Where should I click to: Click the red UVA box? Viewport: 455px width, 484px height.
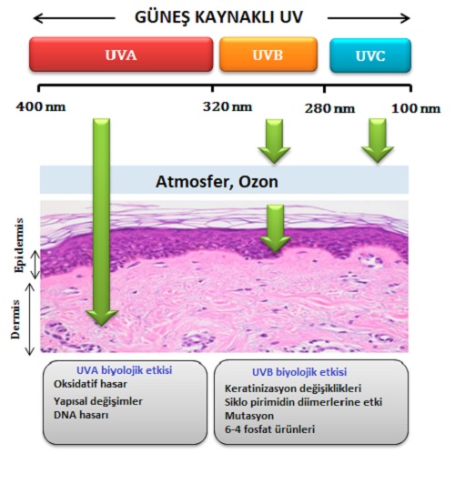tap(121, 55)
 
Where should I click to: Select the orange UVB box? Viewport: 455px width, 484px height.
tap(268, 55)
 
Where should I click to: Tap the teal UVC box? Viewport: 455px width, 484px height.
tap(370, 55)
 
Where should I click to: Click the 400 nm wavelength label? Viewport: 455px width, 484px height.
tap(41, 107)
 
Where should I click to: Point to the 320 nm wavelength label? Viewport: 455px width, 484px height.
tap(227, 107)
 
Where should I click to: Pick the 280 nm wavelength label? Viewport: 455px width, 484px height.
tap(329, 108)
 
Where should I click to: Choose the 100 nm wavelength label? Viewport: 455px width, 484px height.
tap(416, 108)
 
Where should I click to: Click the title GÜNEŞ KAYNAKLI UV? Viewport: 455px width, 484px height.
tap(219, 17)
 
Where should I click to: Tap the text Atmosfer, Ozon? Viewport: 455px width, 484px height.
tap(217, 182)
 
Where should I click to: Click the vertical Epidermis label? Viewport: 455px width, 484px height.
tap(19, 246)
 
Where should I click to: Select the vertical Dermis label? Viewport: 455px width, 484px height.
tap(15, 319)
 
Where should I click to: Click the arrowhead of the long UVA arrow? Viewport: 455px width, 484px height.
tap(102, 318)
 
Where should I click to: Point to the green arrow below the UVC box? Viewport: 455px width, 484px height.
tap(378, 140)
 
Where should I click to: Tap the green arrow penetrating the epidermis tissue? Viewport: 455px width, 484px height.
tap(275, 228)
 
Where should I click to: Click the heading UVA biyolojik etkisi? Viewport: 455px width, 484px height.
tap(124, 370)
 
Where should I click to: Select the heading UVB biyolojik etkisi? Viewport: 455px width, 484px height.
tap(299, 372)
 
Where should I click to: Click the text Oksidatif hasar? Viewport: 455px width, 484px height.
tap(90, 384)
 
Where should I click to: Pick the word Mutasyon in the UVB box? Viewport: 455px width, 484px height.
tap(249, 416)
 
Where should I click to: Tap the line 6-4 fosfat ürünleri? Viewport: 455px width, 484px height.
tap(269, 429)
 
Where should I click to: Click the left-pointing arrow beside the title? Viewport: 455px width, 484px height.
tap(74, 18)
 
